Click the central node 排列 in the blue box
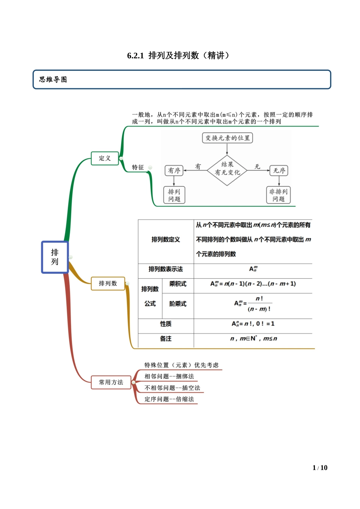coord(55,257)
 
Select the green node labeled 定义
coord(105,158)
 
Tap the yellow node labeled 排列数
coord(108,283)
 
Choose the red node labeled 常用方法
coord(111,382)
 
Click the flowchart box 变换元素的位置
coord(227,138)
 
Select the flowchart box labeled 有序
coord(174,170)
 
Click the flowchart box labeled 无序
coord(279,170)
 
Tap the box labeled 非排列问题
coord(279,195)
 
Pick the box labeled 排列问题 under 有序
coord(174,195)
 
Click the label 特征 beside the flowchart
coord(138,167)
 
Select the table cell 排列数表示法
coord(166,269)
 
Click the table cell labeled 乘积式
coord(178,284)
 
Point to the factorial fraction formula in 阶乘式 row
coord(252,304)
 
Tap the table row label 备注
coord(166,339)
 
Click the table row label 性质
coord(166,324)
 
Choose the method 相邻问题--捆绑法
coord(169,376)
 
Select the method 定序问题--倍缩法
coord(169,399)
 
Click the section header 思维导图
coord(53,80)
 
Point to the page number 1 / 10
coord(320,468)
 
